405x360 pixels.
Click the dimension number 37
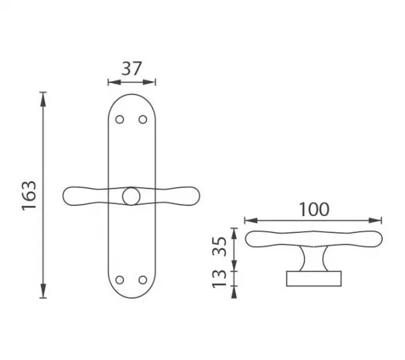(132, 69)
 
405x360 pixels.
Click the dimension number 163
(29, 195)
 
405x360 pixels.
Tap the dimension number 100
(315, 209)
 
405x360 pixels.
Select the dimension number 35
(219, 247)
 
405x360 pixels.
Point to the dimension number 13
(219, 278)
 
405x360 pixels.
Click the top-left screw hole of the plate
(119, 120)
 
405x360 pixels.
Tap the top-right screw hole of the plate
(143, 120)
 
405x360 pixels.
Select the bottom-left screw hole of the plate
(119, 280)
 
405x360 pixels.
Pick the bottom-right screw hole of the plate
(143, 280)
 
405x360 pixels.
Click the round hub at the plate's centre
(131, 197)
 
